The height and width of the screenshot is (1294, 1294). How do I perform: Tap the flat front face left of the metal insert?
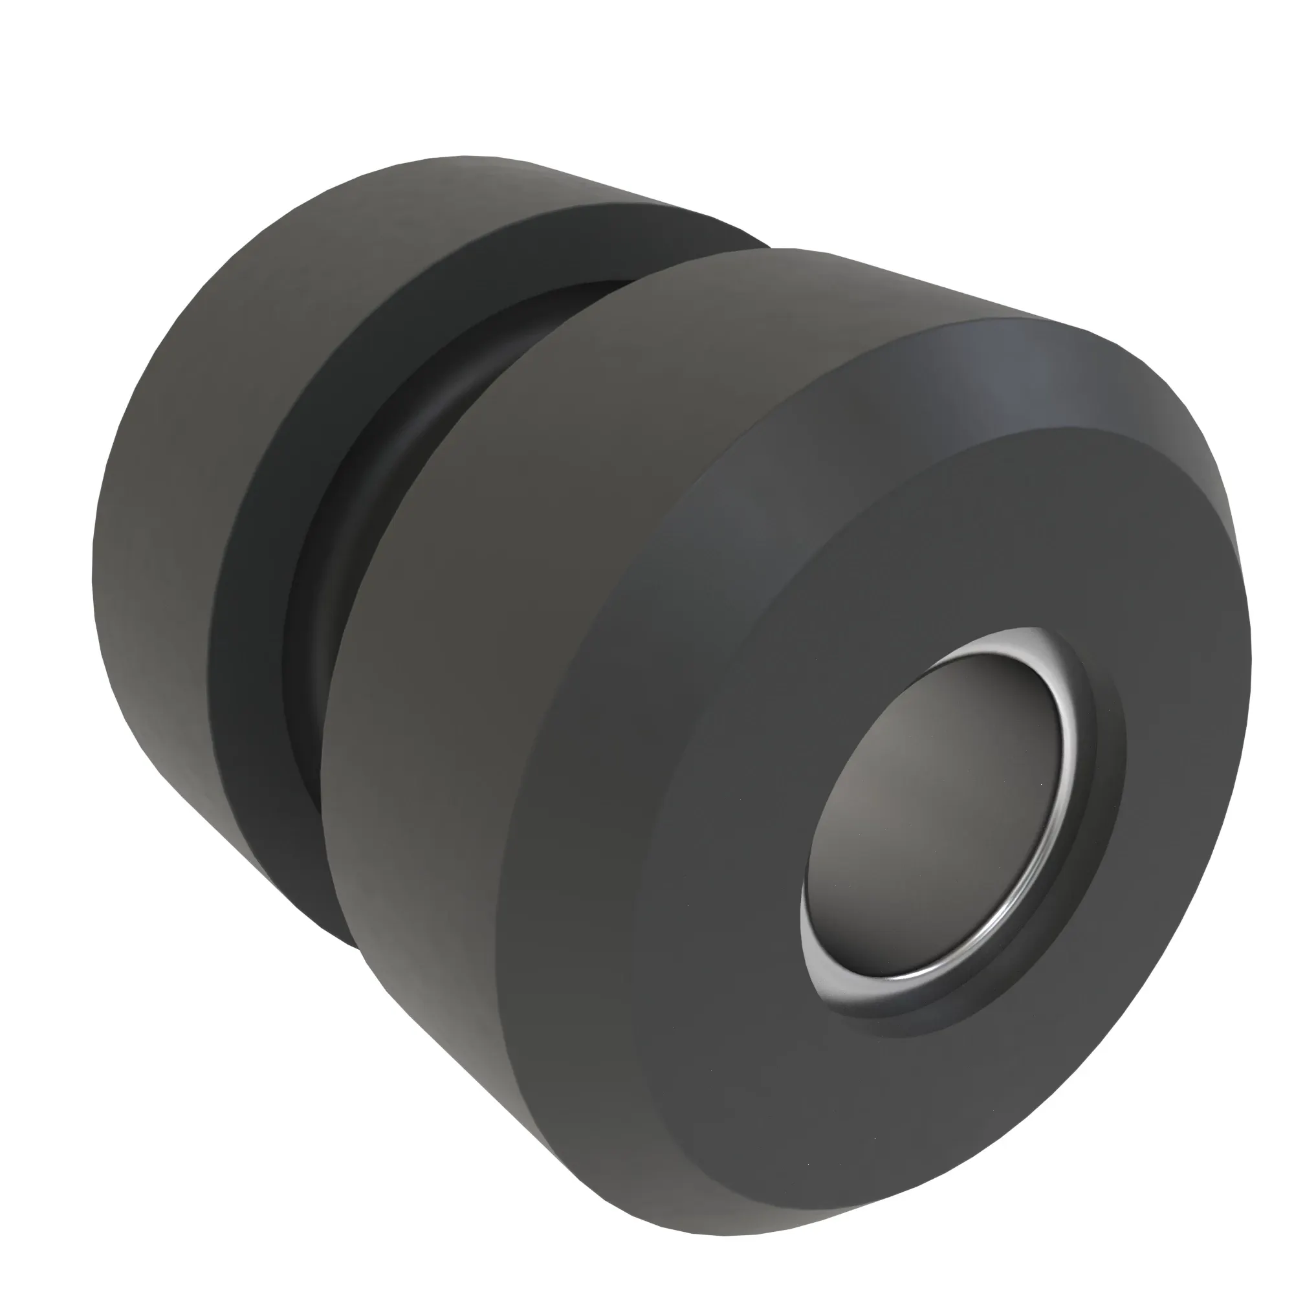point(703,837)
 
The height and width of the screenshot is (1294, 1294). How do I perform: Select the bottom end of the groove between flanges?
point(348,938)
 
